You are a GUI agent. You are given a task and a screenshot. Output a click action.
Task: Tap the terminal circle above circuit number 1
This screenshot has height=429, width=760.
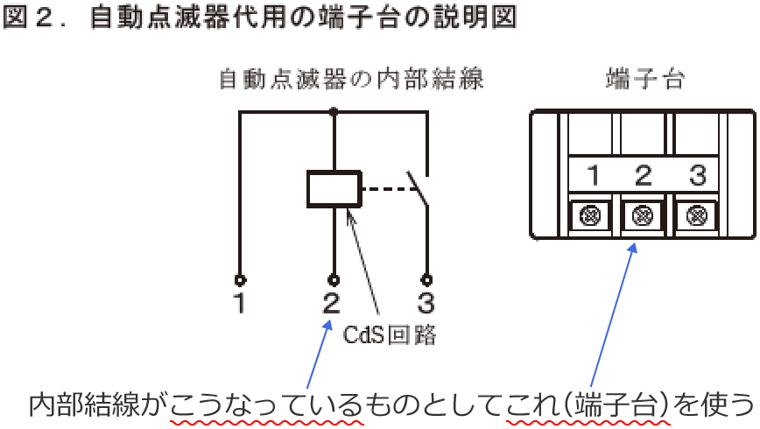coord(240,280)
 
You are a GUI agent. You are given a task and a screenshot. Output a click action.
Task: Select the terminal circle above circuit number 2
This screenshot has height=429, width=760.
coord(333,280)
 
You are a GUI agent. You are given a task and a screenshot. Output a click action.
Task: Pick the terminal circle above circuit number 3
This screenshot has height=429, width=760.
coord(426,280)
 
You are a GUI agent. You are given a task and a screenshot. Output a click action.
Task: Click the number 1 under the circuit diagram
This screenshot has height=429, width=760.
coord(240,305)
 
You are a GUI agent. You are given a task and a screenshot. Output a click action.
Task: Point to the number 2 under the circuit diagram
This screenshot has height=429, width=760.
coord(332,305)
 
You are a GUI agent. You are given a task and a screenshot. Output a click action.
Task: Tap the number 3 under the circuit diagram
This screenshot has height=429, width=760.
coord(426,305)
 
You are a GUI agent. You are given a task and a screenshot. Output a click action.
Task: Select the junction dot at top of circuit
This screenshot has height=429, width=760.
coord(333,111)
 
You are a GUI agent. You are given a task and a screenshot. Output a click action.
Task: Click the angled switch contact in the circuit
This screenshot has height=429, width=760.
coord(419,186)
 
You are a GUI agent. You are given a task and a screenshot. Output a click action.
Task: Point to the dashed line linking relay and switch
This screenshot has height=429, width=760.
coord(383,187)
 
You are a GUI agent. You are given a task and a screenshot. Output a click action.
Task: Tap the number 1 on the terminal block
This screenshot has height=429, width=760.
coord(593,176)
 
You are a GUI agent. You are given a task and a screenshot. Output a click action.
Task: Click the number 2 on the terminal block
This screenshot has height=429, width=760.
coord(644,176)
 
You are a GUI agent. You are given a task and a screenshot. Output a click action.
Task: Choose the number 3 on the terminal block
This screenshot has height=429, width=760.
coord(697,176)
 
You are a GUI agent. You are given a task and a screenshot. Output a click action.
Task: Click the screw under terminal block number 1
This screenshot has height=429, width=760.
coord(593,214)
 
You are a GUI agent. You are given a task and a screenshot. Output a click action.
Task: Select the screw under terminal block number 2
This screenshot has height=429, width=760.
coord(644,214)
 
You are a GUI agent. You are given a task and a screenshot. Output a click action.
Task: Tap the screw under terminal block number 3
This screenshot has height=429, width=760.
coord(697,214)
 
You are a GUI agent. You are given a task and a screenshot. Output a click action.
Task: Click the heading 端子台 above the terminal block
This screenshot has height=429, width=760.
coord(644,81)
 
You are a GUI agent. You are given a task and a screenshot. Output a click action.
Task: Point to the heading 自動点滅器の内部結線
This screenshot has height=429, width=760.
coord(350,81)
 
